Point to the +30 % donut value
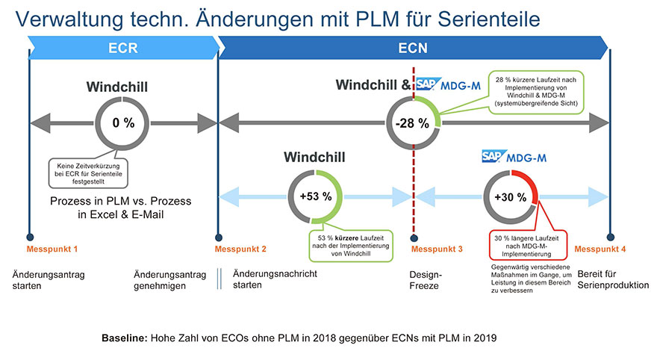(x=511, y=198)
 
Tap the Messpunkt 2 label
(x=240, y=248)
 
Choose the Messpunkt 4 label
(x=600, y=248)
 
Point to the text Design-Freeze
(x=425, y=279)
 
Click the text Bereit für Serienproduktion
(x=612, y=279)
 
